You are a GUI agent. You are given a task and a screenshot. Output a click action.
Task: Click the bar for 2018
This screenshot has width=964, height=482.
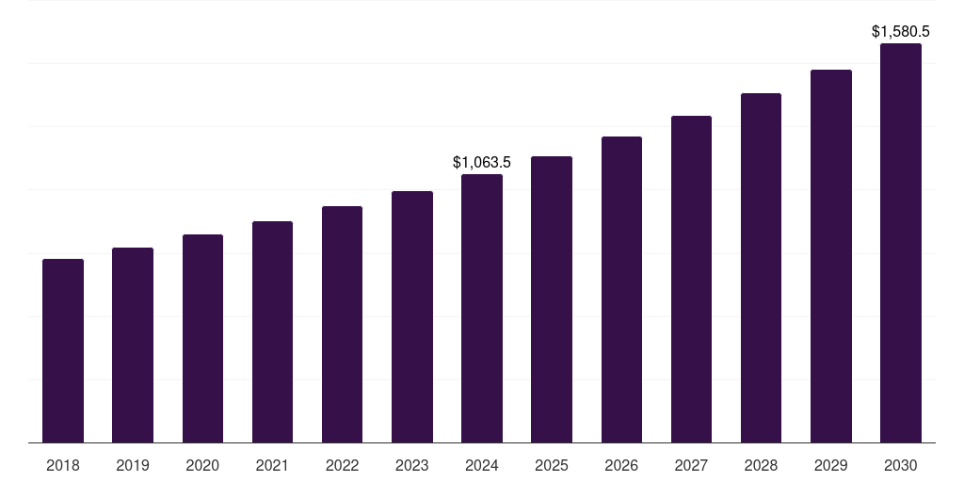[63, 350]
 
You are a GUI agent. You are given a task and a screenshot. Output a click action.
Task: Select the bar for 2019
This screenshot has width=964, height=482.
[133, 345]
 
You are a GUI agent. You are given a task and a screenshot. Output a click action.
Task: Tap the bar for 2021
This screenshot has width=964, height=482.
[272, 331]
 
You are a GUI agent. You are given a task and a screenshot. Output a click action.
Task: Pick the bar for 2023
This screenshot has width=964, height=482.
[412, 316]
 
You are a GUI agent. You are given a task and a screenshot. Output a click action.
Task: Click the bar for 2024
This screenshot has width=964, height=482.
[482, 308]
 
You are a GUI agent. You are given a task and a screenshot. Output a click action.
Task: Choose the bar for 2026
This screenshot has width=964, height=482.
[621, 289]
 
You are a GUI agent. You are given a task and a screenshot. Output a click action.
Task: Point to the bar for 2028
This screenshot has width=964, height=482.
[761, 267]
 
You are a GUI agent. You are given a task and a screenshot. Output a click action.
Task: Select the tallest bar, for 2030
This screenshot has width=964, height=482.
[901, 243]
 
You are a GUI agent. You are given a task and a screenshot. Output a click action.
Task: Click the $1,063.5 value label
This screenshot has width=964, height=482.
[482, 163]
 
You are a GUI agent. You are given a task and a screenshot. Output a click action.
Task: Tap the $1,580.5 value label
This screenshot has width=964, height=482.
[901, 32]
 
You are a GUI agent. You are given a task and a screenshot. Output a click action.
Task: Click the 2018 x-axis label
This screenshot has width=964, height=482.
[63, 465]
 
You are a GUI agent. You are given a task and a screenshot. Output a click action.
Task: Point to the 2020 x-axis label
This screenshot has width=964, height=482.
[202, 465]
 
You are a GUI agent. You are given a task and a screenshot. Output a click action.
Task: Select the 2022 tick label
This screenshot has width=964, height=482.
[343, 465]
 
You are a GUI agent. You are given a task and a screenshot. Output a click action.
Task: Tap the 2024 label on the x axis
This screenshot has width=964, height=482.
[482, 465]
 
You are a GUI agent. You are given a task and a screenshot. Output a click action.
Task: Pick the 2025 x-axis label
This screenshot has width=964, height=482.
[552, 465]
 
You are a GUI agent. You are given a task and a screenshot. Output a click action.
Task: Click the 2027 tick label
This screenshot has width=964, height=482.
[691, 465]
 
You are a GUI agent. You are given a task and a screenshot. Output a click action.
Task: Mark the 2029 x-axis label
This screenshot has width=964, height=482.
[831, 465]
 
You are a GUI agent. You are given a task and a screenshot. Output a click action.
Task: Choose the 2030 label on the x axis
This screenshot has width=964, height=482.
[901, 465]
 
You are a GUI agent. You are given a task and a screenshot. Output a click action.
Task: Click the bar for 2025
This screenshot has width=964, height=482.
[552, 299]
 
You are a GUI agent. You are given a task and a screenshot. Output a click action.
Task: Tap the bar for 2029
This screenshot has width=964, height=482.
[831, 256]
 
